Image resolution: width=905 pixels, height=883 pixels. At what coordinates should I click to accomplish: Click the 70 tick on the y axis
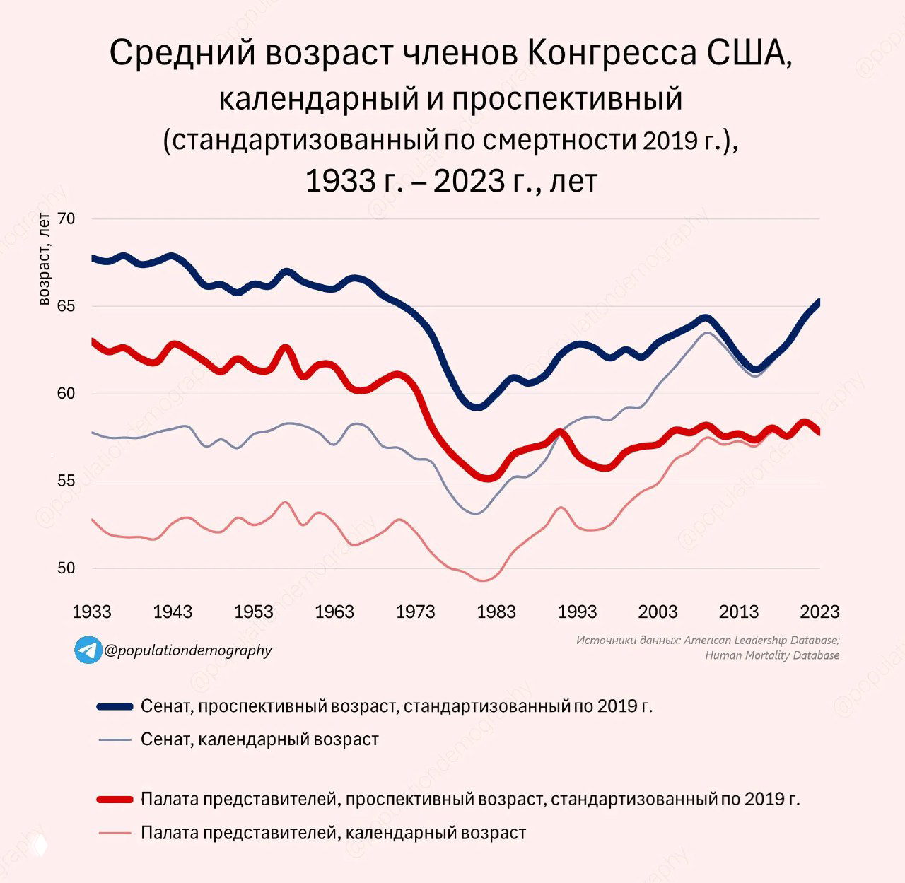click(x=66, y=218)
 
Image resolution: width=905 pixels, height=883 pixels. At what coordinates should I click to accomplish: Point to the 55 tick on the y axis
click(x=66, y=481)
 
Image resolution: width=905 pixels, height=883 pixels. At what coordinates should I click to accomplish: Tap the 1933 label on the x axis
click(x=92, y=612)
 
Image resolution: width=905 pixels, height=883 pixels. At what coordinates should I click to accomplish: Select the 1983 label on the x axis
click(x=496, y=612)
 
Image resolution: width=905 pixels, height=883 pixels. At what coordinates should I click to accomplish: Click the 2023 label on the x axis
click(x=819, y=612)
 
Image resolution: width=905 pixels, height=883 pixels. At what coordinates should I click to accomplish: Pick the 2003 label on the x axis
click(x=658, y=612)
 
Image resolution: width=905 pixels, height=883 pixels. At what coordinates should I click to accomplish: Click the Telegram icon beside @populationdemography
click(x=88, y=650)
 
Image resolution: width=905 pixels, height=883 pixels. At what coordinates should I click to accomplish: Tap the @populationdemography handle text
click(x=188, y=650)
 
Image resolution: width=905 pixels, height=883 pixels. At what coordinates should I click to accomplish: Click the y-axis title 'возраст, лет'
click(x=44, y=259)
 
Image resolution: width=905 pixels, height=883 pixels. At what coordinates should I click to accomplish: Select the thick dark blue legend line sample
click(x=115, y=706)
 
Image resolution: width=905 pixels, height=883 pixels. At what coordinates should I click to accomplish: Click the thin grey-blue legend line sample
click(x=115, y=739)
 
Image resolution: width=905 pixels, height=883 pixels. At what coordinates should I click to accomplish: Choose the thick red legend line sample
click(x=115, y=799)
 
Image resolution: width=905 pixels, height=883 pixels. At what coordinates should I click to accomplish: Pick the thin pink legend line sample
click(x=115, y=833)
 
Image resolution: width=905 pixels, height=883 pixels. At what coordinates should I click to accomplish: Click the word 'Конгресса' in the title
click(x=612, y=54)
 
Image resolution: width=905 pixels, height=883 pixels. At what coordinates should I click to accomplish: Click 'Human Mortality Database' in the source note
click(x=772, y=655)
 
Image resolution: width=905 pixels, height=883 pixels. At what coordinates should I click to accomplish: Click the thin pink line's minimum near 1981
click(x=484, y=580)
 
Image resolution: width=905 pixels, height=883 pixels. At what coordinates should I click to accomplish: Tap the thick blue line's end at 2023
click(x=819, y=301)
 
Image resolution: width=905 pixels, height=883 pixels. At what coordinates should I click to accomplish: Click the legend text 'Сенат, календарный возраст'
click(x=259, y=739)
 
